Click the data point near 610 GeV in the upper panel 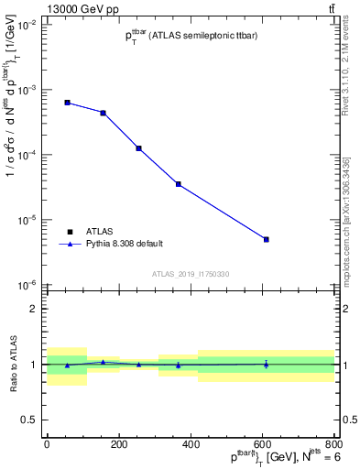pos(266,239)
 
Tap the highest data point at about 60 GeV pos(68,103)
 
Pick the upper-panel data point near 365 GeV pos(178,184)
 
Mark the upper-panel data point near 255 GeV pos(138,147)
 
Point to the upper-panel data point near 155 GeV pos(104,113)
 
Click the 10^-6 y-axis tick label pos(27,285)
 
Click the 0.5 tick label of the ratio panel pos(28,420)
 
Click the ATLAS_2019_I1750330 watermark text pos(191,274)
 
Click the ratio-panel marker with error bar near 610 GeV pos(266,364)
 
